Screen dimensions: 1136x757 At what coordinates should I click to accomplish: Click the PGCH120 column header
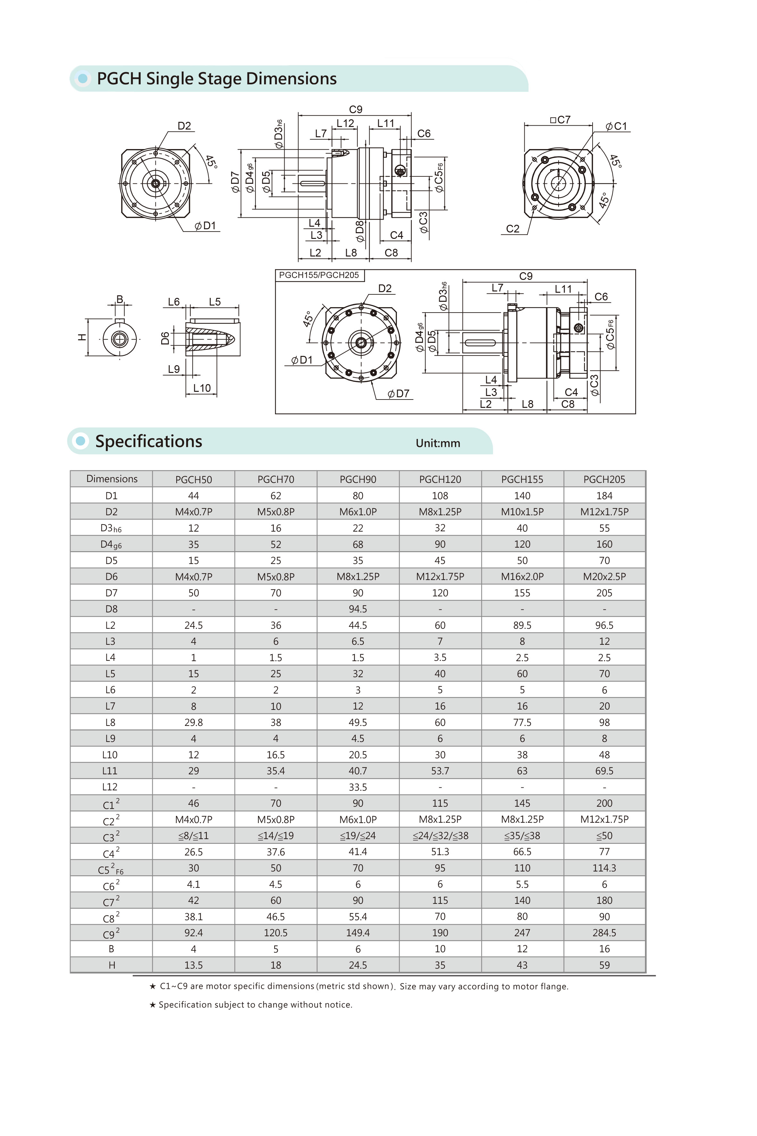[440, 479]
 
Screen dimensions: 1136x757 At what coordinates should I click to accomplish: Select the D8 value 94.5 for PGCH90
[358, 609]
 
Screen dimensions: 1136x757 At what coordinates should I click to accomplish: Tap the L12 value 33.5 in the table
[358, 787]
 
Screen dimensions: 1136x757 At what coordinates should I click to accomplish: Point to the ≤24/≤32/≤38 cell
[440, 836]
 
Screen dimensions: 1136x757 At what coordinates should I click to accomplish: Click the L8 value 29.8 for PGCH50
[194, 722]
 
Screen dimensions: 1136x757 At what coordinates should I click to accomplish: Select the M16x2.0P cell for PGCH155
[522, 576]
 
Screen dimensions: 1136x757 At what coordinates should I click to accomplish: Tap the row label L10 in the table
[110, 754]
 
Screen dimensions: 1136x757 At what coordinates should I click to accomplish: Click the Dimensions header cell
[112, 479]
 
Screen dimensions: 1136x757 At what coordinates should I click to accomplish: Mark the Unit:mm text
[438, 443]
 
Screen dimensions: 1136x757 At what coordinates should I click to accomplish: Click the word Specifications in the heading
[149, 441]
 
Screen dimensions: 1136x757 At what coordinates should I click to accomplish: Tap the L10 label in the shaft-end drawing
[202, 388]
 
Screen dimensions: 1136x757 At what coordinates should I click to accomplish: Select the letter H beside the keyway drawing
[82, 337]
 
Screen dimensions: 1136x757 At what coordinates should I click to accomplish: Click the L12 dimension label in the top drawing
[345, 123]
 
